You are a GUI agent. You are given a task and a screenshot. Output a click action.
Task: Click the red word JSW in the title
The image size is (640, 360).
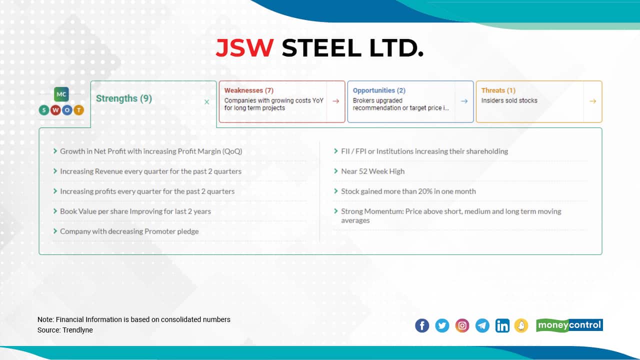[x=244, y=48]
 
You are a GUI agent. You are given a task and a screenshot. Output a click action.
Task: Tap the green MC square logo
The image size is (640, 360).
[x=61, y=94]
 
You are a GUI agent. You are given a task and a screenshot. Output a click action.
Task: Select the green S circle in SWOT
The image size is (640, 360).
[x=44, y=110]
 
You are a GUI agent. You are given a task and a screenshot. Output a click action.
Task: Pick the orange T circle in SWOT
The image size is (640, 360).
[x=78, y=110]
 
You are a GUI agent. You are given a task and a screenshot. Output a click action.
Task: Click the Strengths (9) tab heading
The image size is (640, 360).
[x=123, y=98]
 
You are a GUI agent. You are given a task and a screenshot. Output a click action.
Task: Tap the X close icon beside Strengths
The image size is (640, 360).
[x=206, y=102]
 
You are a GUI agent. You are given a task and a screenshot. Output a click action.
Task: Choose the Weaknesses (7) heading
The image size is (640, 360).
[x=248, y=90]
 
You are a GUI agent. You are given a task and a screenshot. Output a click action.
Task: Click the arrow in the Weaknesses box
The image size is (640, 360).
[x=335, y=101]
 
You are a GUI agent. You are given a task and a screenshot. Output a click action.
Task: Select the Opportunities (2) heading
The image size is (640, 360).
[x=378, y=90]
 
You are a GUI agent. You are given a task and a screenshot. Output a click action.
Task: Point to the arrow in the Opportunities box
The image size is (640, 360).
[x=464, y=101]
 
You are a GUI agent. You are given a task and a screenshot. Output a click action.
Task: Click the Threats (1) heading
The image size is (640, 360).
[x=498, y=90]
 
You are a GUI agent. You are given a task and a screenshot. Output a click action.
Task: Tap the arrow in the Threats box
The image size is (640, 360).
[x=592, y=101]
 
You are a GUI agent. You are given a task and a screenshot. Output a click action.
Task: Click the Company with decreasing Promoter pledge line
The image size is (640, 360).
[x=129, y=231]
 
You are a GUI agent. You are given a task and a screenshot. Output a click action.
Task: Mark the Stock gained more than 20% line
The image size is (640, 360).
[x=408, y=191]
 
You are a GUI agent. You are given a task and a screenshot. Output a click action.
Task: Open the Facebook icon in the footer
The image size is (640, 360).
[x=422, y=325]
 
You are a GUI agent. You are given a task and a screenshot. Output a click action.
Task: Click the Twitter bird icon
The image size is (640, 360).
[x=442, y=325]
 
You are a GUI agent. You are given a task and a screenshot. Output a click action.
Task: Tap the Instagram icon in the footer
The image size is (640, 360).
[x=462, y=325]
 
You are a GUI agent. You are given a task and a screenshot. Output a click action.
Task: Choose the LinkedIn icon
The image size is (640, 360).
[x=502, y=325]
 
